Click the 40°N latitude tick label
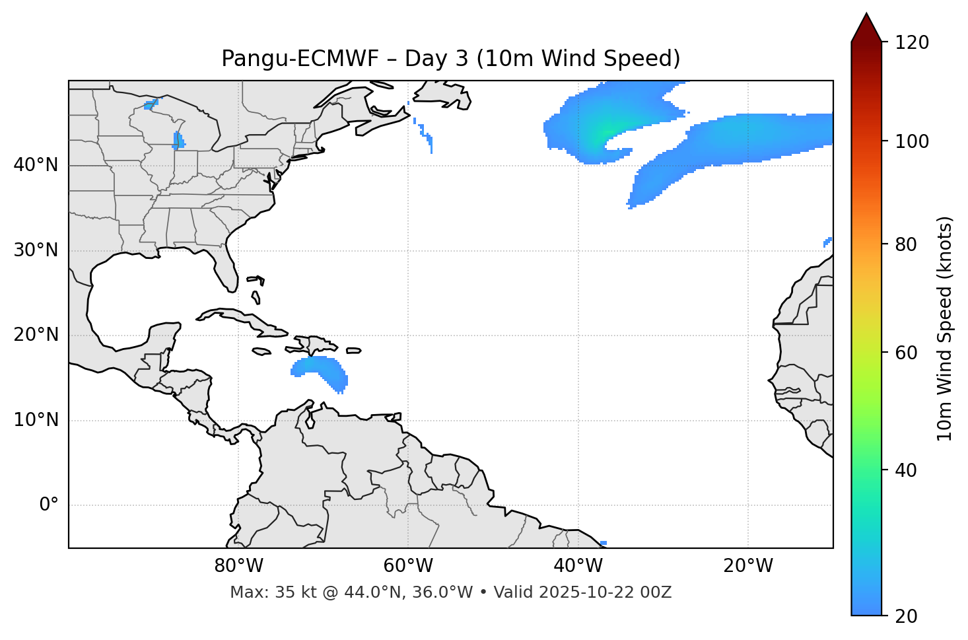(36, 165)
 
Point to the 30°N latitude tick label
(36, 250)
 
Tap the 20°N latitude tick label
(36, 335)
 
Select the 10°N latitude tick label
(36, 420)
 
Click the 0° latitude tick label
(48, 505)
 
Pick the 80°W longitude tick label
(238, 566)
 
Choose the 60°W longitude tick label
(408, 566)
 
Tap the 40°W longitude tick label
(578, 566)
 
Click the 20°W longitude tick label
(748, 566)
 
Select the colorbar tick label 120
(912, 43)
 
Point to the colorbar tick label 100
(912, 141)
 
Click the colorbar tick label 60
(907, 353)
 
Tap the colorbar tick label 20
(907, 616)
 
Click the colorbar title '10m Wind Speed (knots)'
(945, 328)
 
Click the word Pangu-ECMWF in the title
(300, 59)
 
